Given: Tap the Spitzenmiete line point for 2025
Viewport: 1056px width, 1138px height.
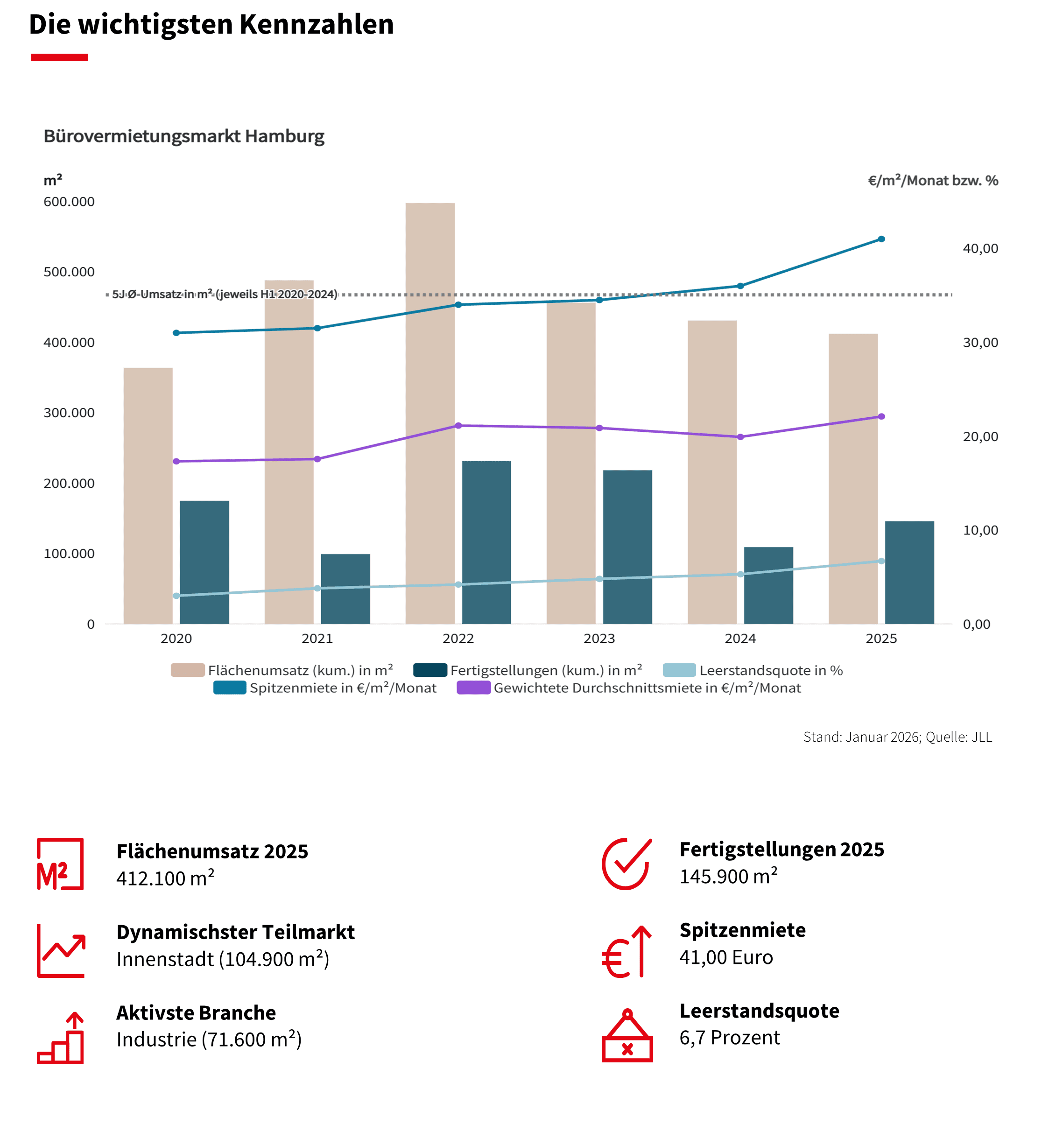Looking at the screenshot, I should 881,239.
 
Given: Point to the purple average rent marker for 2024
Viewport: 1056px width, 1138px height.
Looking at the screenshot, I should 740,437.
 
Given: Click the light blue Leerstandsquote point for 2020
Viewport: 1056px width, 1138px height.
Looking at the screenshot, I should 176,596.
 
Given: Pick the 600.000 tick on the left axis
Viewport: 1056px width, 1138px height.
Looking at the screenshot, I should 69,202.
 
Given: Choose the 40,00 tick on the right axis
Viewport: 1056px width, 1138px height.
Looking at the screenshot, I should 980,248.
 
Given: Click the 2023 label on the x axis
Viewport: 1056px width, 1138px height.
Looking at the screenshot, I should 599,639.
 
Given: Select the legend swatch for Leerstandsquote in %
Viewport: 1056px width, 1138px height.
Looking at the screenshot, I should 679,670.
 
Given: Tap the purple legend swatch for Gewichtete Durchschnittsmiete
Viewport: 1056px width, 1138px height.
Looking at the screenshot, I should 473,688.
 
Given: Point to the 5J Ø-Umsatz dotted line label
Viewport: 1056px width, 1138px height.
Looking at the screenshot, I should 225,294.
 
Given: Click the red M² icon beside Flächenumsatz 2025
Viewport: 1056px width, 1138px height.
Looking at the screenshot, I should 60,864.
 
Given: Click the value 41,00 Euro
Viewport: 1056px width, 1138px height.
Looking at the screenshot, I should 726,957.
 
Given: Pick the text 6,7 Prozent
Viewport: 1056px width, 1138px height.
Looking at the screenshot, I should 729,1038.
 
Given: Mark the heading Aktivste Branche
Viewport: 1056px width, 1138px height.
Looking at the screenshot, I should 196,1012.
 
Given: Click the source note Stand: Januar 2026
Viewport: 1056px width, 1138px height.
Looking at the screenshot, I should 897,737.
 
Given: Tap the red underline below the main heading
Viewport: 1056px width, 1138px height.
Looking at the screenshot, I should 59,57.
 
